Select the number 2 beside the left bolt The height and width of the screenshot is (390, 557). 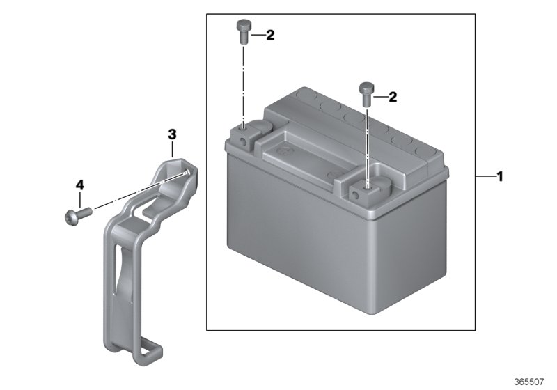coord(270,35)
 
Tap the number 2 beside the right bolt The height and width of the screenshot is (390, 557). coord(393,97)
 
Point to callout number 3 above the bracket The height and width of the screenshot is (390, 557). coord(172,133)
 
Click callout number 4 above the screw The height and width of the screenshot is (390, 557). coord(79,185)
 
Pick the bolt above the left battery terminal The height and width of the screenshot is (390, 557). coord(242,32)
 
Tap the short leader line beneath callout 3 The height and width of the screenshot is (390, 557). coord(172,148)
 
